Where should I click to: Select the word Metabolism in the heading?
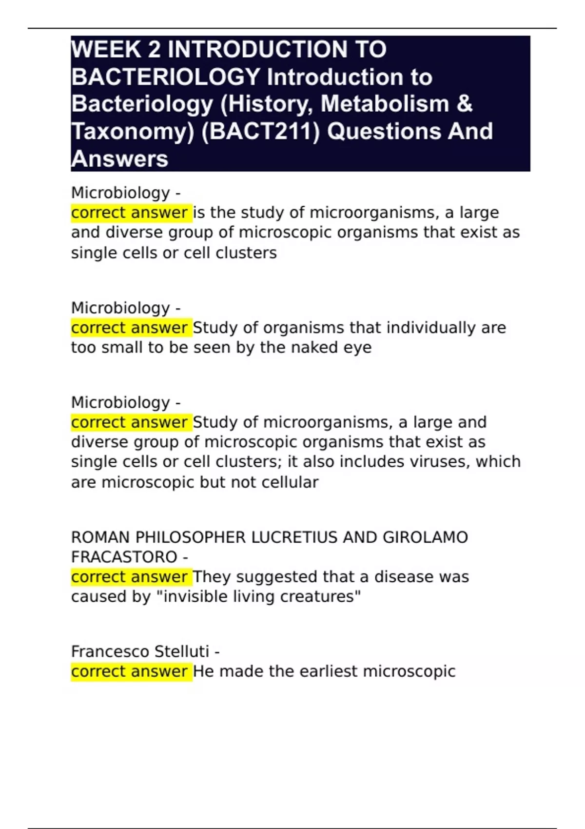coord(385,104)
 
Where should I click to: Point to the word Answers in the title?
coord(120,159)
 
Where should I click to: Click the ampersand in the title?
coord(465,104)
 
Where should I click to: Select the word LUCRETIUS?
coord(294,537)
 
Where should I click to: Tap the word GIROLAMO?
coord(425,537)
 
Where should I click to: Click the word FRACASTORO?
coord(124,557)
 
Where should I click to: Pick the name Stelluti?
coord(181,651)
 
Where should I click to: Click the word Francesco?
coord(110,651)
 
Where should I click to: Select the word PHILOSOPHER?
coord(190,537)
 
